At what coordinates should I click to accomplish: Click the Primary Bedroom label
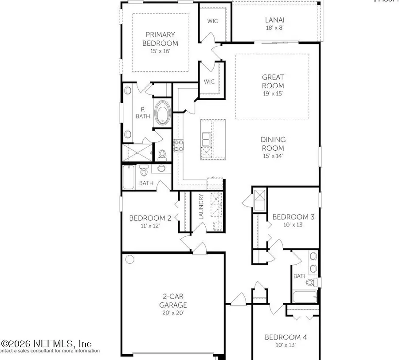point(162,39)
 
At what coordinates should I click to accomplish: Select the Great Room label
point(272,81)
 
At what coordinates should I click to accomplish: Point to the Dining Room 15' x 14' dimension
point(272,156)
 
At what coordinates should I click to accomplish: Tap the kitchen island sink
point(207,139)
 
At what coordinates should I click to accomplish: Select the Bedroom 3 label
point(293,217)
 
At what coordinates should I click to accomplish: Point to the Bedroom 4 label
point(286,337)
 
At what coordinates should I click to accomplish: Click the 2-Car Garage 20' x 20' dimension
point(173,313)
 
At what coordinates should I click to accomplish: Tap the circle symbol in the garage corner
point(129,259)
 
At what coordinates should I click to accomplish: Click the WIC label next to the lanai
point(211,21)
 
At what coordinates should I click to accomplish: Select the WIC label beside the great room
point(209,82)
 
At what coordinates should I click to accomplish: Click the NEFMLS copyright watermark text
point(47,344)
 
